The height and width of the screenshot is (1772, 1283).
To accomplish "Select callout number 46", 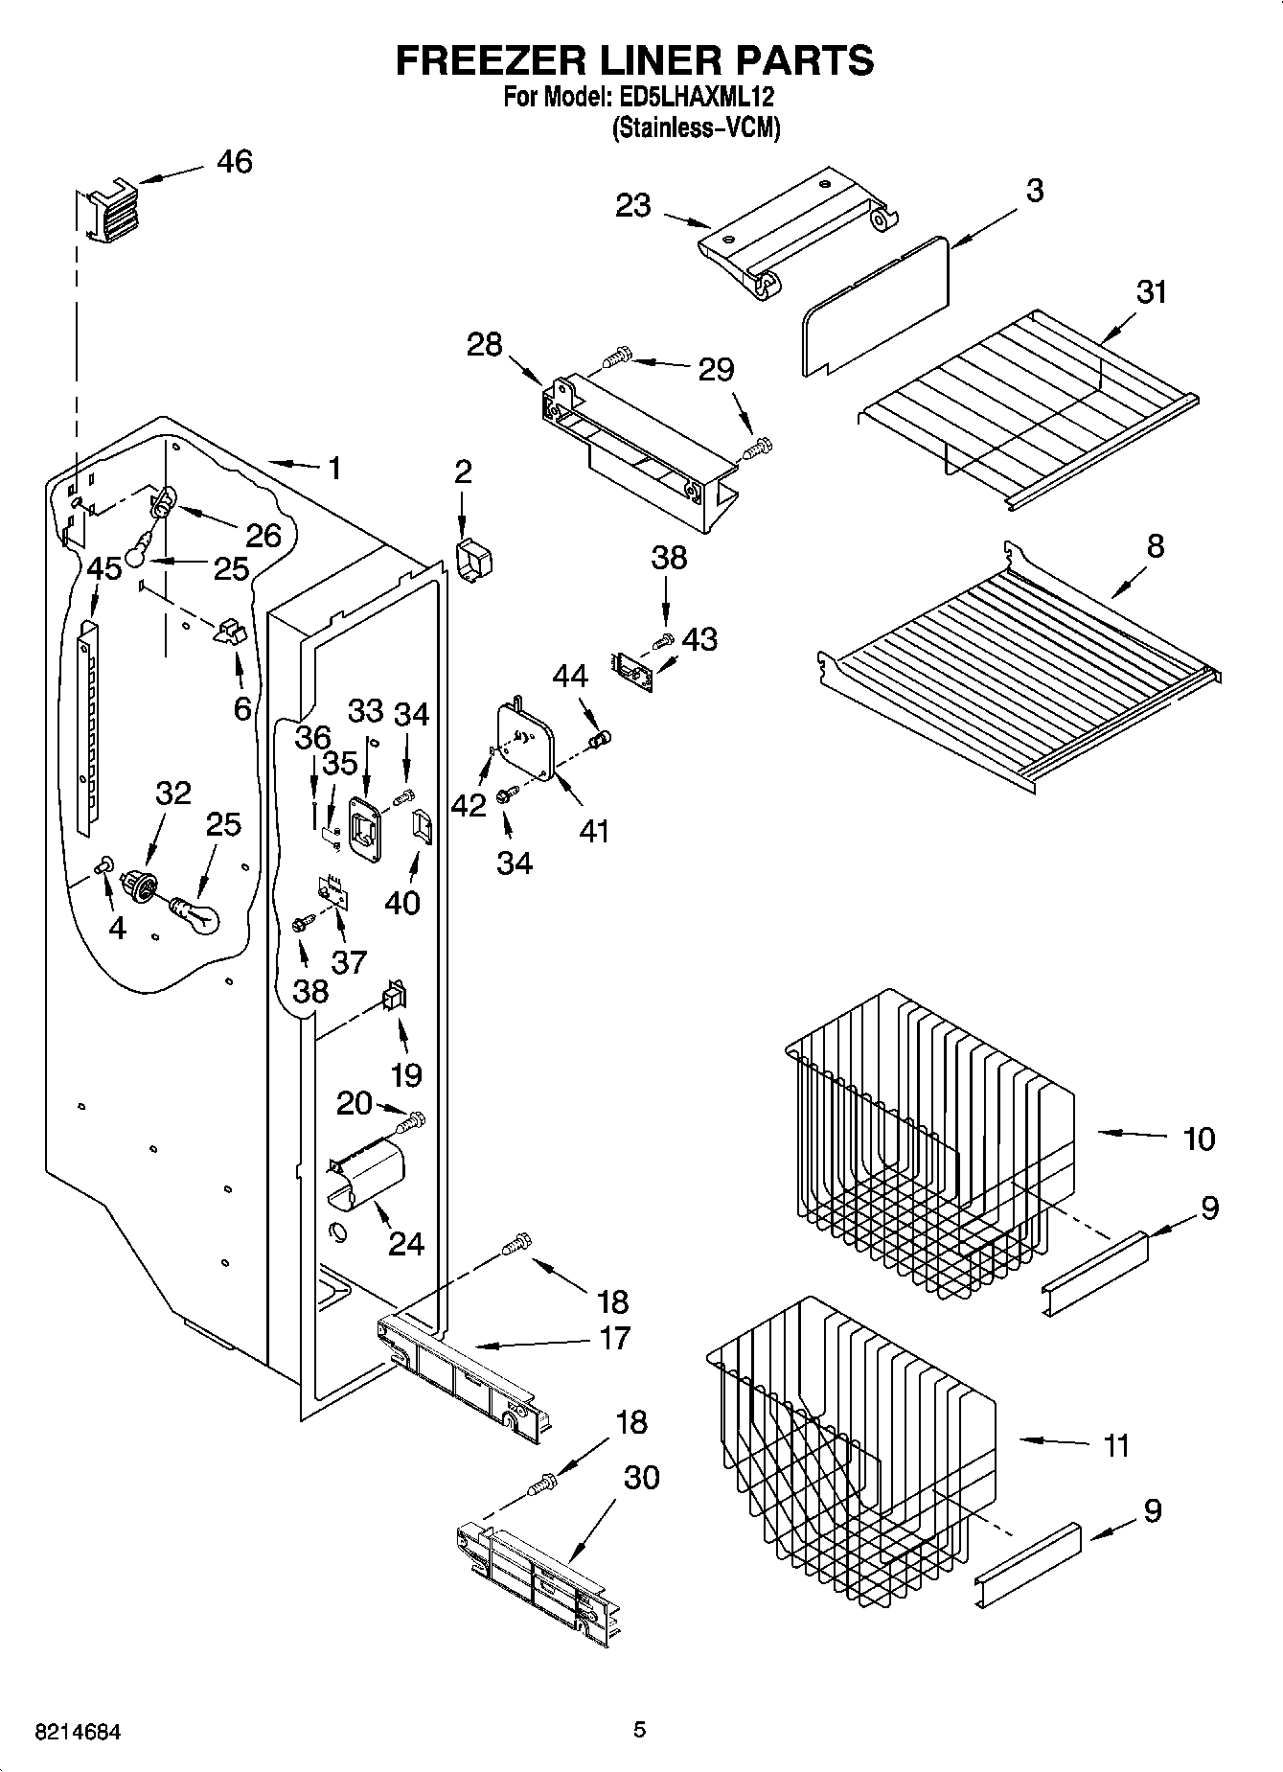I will pos(234,162).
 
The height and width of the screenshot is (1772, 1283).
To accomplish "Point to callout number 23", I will pos(633,205).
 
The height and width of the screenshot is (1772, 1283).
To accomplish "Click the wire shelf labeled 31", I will pos(1025,403).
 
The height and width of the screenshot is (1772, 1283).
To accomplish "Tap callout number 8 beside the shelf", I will pos(1156,546).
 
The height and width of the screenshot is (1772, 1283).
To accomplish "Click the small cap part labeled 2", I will pos(472,559).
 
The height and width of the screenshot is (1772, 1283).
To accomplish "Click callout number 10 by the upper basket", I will pos(1199,1139).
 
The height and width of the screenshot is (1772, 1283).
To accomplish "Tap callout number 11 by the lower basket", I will pos(1116,1444).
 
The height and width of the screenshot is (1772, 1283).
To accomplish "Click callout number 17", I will pos(614,1337).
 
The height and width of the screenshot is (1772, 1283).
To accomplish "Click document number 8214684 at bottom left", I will pos(77,1732).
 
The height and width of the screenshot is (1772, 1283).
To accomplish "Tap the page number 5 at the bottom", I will pos(639,1730).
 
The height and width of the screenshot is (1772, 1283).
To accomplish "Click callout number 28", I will pos(485,344).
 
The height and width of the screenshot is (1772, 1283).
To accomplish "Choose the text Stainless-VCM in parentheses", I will pos(697,128).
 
